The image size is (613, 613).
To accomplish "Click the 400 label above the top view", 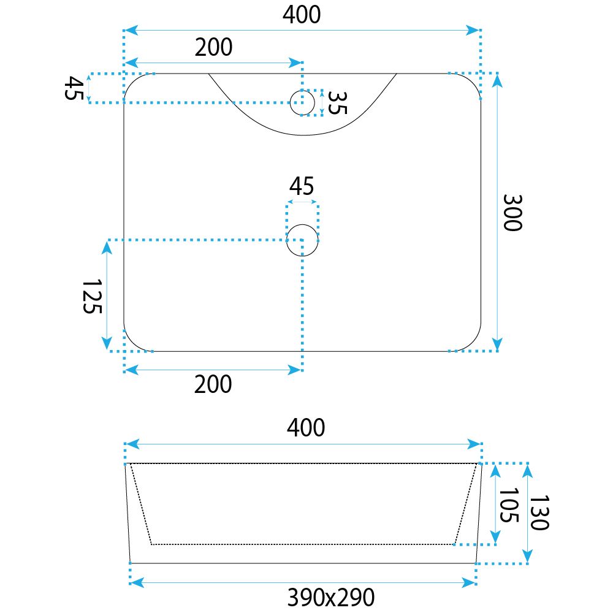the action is pyautogui.click(x=302, y=15).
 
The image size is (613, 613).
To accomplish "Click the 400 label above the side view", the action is pyautogui.click(x=306, y=428).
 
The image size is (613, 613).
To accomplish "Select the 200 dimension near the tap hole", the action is pyautogui.click(x=213, y=47).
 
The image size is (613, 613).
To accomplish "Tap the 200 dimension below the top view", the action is pyautogui.click(x=213, y=384).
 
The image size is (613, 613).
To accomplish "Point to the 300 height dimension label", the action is pyautogui.click(x=512, y=213).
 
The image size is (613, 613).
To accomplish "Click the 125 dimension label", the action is pyautogui.click(x=93, y=296).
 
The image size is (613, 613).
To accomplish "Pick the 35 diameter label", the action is pyautogui.click(x=337, y=103).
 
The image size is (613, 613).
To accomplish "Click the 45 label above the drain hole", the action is pyautogui.click(x=302, y=186).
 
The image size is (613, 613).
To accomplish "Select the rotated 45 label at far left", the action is pyautogui.click(x=74, y=88).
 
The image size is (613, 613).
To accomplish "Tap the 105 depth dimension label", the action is pyautogui.click(x=509, y=504).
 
